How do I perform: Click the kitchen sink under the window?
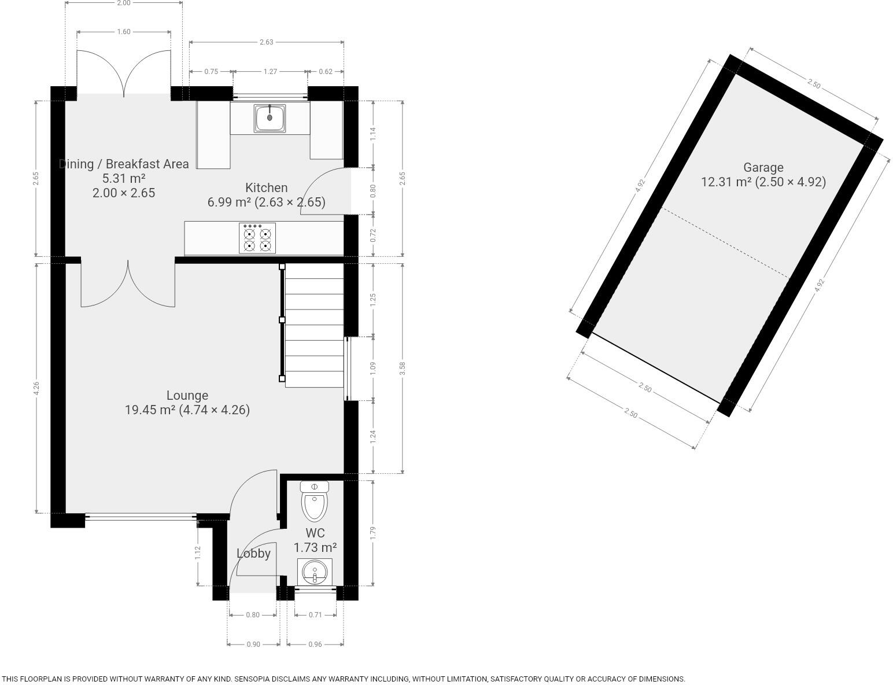click(x=270, y=118)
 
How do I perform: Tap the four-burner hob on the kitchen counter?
click(x=257, y=238)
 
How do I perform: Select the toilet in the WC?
click(x=315, y=502)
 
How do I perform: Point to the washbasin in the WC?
click(x=315, y=572)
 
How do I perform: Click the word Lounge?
click(x=187, y=396)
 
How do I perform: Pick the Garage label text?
click(x=763, y=168)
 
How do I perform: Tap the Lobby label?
click(x=253, y=554)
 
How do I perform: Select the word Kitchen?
click(x=266, y=188)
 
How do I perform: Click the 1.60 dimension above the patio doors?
click(x=124, y=32)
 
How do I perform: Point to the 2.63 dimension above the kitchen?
click(x=266, y=42)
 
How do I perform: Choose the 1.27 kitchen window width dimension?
click(x=270, y=72)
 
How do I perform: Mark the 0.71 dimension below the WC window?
click(x=315, y=615)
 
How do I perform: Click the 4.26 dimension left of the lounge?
click(x=36, y=389)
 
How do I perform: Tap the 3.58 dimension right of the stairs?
click(x=403, y=368)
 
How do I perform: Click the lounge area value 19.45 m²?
click(x=150, y=410)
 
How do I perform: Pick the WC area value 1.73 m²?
click(x=315, y=547)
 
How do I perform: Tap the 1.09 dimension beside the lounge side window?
click(x=373, y=368)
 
